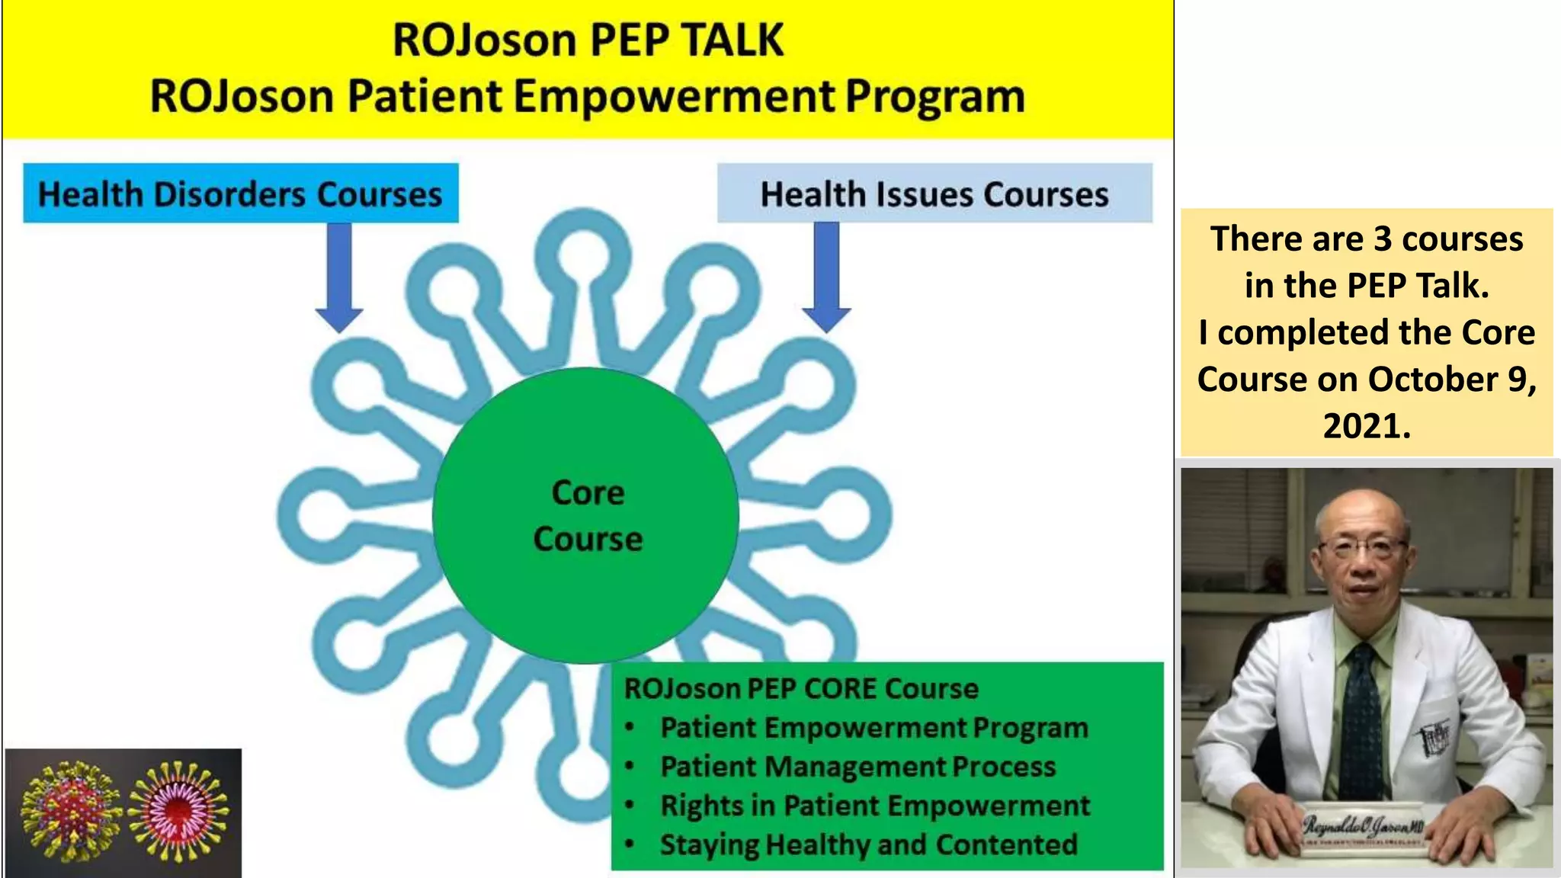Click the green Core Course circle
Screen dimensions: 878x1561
point(585,516)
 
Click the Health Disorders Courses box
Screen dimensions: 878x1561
point(240,194)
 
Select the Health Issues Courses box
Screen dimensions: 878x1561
point(934,194)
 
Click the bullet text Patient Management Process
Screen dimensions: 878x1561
point(857,767)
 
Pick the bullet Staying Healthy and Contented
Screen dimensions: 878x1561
point(868,844)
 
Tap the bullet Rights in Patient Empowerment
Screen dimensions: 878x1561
point(875,806)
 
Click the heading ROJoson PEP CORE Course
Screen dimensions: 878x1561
point(800,688)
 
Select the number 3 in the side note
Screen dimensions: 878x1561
point(1383,239)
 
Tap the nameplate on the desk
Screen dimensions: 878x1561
point(1363,826)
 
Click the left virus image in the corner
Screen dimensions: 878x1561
point(70,811)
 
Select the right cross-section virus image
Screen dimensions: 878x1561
point(178,811)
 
